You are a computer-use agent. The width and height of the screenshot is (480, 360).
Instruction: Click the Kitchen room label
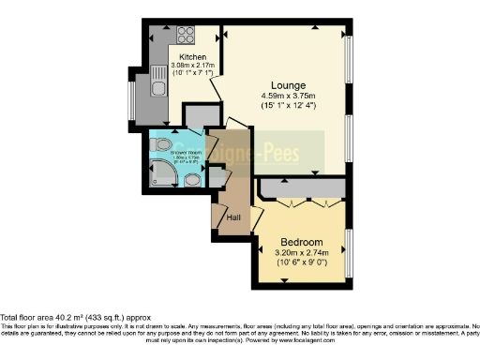tap(192, 56)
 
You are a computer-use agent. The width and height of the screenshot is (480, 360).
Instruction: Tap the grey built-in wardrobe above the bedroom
tap(301, 190)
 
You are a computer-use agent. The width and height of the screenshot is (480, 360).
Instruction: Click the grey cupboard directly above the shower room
tap(199, 115)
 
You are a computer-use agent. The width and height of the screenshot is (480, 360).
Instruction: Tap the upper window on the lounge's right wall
tap(350, 66)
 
